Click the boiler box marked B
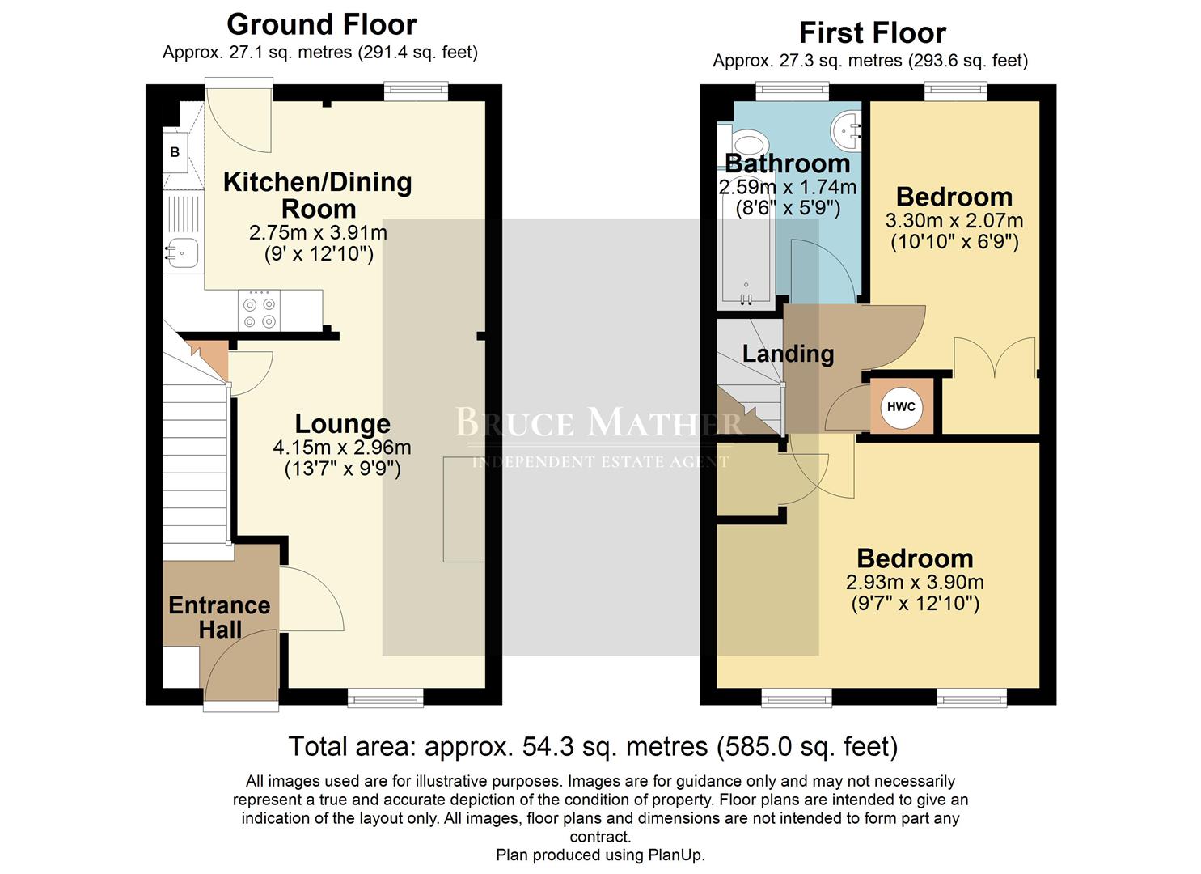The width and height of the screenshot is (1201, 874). coord(175,153)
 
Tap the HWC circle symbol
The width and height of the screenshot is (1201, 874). coord(901,406)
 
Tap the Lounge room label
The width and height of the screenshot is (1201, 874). coord(342,423)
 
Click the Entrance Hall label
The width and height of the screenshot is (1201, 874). coord(219,617)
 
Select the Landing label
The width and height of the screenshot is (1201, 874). coord(788,354)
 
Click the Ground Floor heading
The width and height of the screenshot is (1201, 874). coord(321,24)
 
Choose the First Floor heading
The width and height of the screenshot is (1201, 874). coord(872,33)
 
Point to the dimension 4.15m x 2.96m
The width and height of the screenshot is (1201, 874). coord(342,448)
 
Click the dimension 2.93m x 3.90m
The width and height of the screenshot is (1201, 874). coord(915,582)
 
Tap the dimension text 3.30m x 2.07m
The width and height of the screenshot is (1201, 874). coord(954,220)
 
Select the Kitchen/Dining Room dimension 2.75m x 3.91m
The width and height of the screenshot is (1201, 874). coord(318,233)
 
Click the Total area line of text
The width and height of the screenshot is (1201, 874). coord(593,746)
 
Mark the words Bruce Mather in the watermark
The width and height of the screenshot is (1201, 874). coord(598,423)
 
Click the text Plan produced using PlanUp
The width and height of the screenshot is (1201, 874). coord(600,855)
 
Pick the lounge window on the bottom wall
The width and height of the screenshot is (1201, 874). coord(385,697)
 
